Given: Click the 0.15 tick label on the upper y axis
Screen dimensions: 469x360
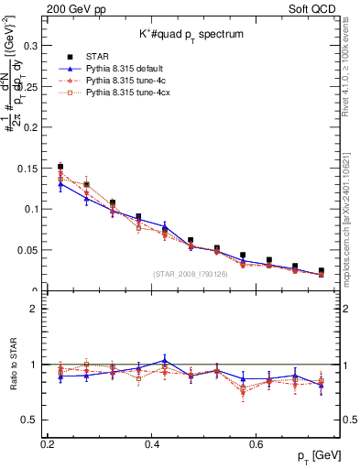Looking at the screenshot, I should point(30,167).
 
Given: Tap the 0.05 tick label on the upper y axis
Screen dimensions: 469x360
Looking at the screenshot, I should point(30,249).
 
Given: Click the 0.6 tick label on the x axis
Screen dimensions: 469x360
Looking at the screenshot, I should point(259,443).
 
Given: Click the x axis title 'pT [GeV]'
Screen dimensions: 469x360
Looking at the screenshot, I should point(315,456).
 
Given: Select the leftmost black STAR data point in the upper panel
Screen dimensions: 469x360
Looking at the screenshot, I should point(60,167).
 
